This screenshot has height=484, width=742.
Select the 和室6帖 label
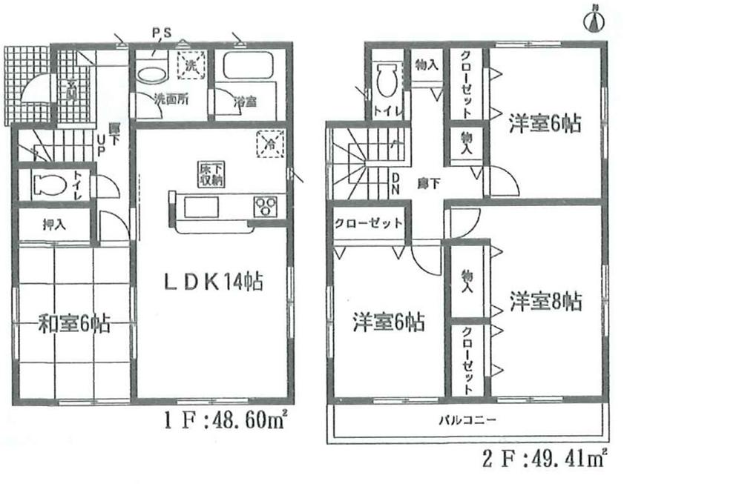coord(74,323)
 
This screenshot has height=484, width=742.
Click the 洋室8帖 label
coord(545,302)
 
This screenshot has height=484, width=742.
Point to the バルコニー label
coord(466,420)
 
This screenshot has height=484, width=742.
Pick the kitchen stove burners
coord(265,205)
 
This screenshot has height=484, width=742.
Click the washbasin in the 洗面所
coord(153,75)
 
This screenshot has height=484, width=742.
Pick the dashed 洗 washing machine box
coord(191,64)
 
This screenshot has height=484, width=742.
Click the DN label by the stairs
coord(395,183)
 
